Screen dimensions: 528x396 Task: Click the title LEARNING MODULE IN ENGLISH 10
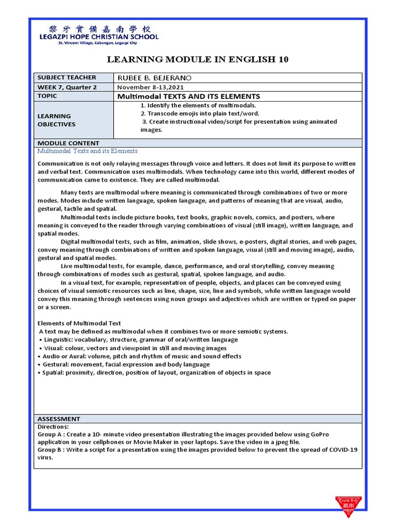(197, 60)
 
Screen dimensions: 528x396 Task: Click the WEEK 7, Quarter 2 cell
(67, 87)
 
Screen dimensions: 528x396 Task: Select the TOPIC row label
(47, 96)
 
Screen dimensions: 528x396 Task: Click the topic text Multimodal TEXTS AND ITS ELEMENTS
(189, 96)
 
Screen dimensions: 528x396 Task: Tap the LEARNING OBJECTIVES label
(57, 120)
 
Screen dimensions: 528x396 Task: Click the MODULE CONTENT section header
(69, 143)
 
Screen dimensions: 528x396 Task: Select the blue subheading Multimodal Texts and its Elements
(88, 151)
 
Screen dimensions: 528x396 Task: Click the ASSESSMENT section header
(59, 419)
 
